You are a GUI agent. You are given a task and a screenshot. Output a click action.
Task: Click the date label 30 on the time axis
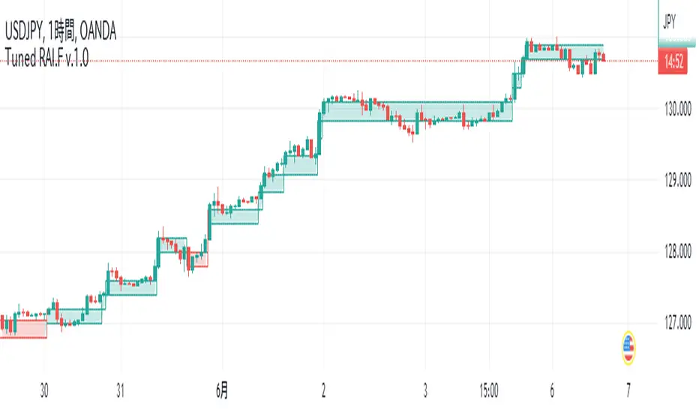(x=44, y=390)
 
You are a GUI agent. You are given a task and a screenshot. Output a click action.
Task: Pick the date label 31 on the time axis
(x=120, y=390)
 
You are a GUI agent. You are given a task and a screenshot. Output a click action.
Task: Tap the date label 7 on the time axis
(x=628, y=390)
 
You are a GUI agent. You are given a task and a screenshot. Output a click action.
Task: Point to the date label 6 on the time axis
(x=552, y=390)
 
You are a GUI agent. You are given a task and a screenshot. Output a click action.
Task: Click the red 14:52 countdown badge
(x=673, y=65)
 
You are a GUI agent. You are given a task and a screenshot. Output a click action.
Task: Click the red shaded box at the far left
(x=23, y=329)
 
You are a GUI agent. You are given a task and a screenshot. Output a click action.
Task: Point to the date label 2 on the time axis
(x=324, y=390)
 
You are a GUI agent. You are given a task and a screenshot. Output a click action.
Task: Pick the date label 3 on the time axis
(x=425, y=390)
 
